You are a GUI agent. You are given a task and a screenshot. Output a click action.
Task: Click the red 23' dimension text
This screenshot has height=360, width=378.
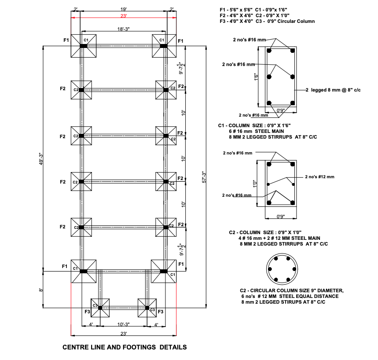(x=123, y=16)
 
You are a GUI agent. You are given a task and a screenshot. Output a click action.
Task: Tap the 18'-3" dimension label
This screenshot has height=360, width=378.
(x=123, y=29)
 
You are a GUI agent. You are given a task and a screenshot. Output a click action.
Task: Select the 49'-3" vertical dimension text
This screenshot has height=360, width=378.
(x=41, y=159)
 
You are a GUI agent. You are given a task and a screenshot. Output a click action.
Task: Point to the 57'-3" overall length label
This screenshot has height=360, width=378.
(x=204, y=177)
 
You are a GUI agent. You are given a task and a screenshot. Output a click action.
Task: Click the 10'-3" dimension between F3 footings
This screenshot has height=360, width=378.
(x=123, y=324)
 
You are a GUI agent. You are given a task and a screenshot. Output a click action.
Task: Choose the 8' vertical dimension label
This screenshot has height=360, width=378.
(x=41, y=290)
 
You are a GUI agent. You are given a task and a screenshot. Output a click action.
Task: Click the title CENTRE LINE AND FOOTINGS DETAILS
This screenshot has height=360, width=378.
(x=125, y=347)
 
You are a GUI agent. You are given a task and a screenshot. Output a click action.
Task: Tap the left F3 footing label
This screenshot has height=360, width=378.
(x=87, y=312)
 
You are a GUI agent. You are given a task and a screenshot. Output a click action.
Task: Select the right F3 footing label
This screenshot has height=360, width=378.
(x=161, y=312)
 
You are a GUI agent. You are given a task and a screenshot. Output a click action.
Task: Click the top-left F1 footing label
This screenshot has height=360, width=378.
(x=66, y=40)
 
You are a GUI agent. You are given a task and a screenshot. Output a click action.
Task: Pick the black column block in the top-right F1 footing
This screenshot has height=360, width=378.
(x=164, y=46)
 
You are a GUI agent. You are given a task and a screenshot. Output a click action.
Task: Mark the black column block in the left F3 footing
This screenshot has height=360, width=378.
(x=100, y=308)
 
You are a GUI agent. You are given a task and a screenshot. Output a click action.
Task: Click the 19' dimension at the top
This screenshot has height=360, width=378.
(x=123, y=9)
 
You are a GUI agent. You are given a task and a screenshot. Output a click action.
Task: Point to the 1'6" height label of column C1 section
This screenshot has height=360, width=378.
(x=256, y=77)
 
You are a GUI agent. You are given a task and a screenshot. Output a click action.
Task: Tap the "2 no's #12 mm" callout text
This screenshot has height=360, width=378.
(x=319, y=177)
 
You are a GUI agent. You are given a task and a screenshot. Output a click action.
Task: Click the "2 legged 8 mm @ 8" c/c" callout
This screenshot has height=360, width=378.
(x=333, y=90)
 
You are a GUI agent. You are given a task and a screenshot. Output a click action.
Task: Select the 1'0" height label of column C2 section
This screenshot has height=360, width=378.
(x=255, y=184)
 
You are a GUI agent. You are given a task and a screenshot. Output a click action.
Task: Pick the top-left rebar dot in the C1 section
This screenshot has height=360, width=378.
(x=269, y=51)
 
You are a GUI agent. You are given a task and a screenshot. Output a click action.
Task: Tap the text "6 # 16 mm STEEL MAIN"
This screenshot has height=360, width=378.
(x=257, y=131)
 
